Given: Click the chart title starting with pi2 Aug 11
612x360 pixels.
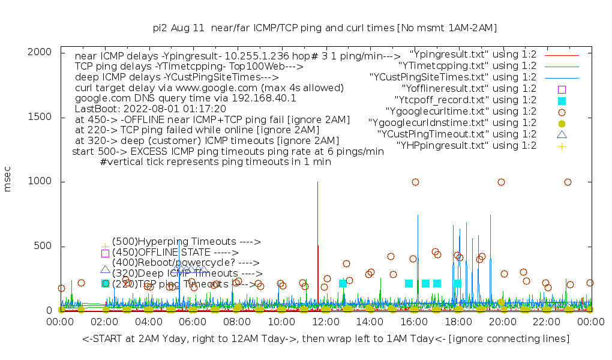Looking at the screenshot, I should click(325, 28).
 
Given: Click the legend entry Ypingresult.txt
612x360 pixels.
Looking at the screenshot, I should click(473, 55).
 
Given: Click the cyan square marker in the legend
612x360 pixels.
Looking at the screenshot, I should click(562, 101).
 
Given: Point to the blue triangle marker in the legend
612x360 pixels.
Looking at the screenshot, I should click(562, 134).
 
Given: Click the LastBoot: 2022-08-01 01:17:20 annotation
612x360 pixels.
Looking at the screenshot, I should click(150, 109).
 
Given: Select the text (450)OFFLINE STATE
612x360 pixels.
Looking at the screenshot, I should click(175, 253).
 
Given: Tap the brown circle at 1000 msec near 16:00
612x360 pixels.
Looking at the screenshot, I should click(415, 182).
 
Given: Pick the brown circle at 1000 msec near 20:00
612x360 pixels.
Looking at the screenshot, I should click(501, 182).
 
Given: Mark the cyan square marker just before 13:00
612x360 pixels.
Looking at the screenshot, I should click(343, 283).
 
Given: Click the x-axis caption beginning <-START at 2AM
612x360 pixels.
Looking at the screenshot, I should click(325, 339).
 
